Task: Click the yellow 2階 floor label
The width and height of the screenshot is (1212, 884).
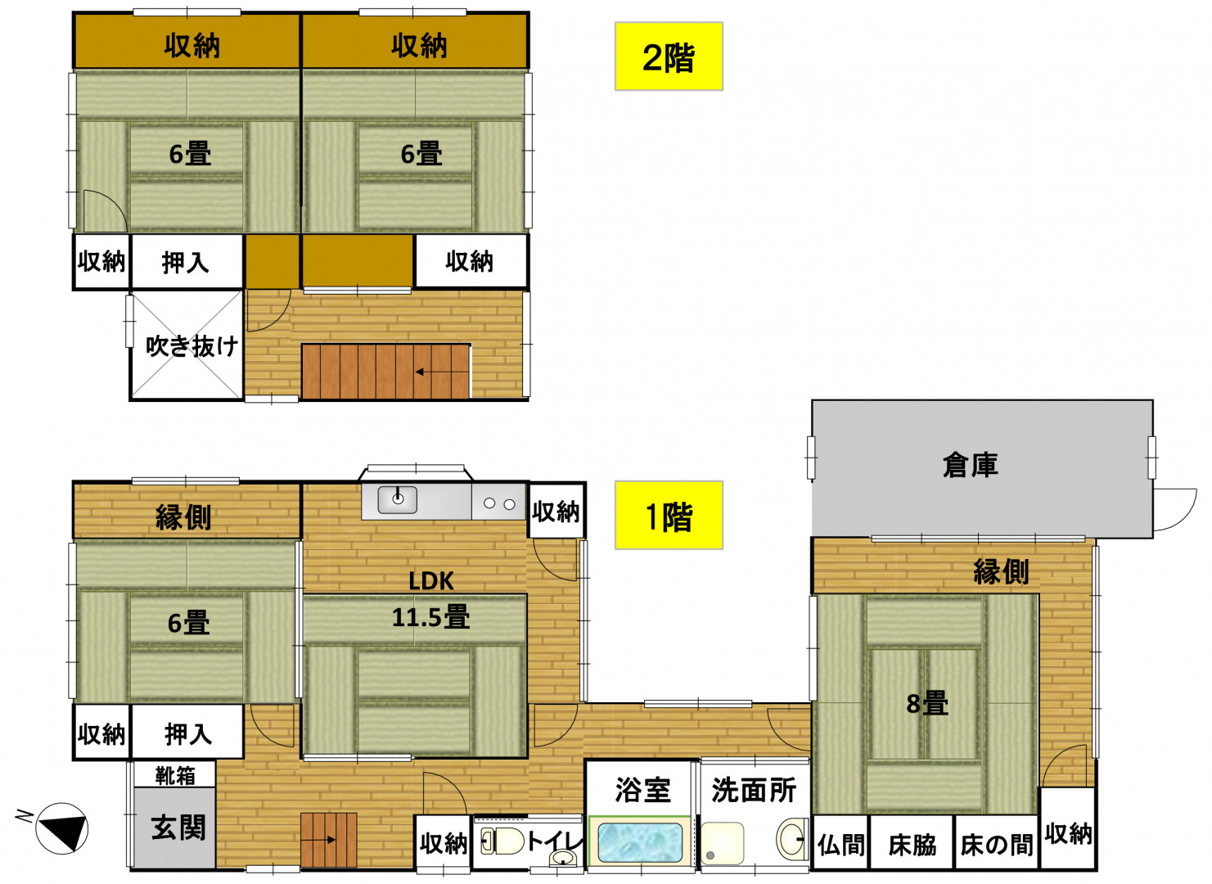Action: (669, 56)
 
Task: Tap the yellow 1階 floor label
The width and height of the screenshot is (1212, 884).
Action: (669, 515)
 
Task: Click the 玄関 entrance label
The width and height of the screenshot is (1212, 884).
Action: (178, 828)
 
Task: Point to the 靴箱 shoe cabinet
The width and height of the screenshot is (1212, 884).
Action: (175, 776)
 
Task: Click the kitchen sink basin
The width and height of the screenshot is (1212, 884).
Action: (398, 499)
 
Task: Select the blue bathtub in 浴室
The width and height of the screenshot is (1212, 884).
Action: (639, 843)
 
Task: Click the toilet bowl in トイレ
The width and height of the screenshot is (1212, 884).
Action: (502, 841)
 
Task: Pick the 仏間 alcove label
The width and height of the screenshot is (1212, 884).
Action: (840, 845)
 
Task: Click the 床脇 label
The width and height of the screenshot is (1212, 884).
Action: (912, 845)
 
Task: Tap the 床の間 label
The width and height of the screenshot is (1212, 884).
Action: (997, 845)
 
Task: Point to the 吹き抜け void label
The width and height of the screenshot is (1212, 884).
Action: (191, 345)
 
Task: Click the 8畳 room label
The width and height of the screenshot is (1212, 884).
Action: (927, 704)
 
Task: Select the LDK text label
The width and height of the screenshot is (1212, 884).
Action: (430, 581)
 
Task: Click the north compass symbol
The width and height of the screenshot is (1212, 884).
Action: (61, 828)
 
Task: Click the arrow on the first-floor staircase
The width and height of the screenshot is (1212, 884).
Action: (318, 840)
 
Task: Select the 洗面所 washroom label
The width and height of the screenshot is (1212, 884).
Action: (754, 791)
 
